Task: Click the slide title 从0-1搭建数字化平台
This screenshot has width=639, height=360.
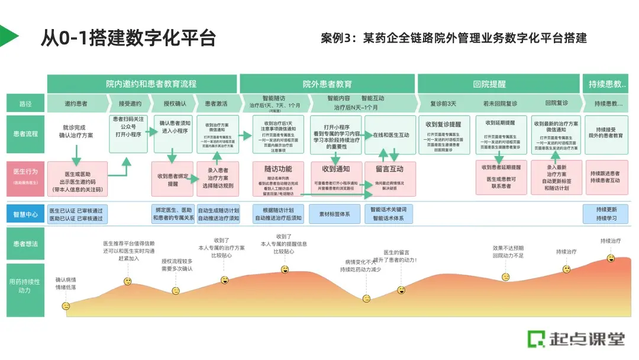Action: [x=128, y=37]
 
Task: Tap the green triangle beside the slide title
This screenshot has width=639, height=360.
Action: [x=9, y=36]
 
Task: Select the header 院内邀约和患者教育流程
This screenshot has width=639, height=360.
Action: [x=142, y=84]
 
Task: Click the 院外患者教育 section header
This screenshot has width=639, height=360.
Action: [x=327, y=84]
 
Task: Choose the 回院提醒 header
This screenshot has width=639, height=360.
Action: [x=490, y=84]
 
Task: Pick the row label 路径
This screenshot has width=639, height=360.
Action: [x=25, y=104]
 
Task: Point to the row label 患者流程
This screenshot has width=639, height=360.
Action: [x=25, y=134]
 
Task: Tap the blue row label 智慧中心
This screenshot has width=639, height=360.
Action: [x=25, y=214]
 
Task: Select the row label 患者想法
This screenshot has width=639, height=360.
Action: [x=25, y=243]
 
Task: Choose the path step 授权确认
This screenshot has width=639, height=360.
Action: [x=173, y=104]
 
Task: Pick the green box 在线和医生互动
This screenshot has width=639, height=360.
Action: [x=390, y=135]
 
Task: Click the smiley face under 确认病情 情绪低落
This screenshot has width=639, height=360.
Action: [x=66, y=306]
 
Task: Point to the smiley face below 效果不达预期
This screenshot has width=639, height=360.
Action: [x=506, y=277]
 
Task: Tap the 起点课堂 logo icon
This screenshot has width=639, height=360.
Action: [x=537, y=339]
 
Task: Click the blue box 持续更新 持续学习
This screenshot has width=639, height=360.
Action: [x=606, y=214]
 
